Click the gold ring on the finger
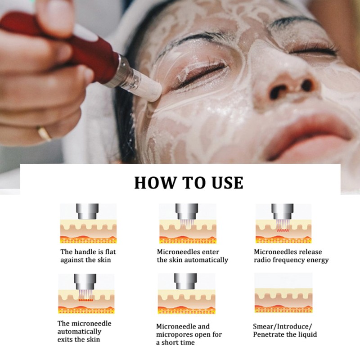click(x=44, y=133)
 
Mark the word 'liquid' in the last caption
click(x=306, y=334)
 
